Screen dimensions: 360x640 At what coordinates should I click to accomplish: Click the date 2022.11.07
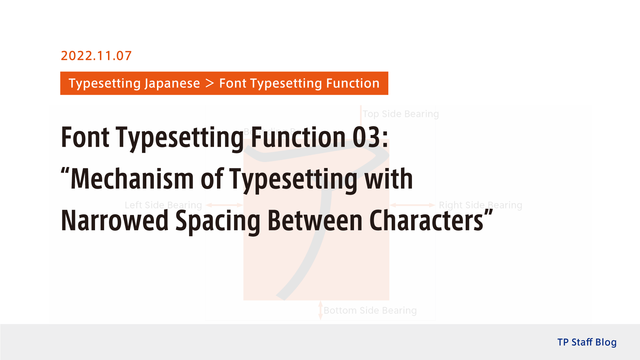click(96, 56)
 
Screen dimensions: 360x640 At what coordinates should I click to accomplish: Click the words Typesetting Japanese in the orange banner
click(134, 83)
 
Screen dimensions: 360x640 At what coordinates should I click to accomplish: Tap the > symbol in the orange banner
click(210, 83)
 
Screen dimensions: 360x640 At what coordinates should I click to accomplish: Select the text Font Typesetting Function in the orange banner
click(299, 83)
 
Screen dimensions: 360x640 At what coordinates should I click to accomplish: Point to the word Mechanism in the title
click(132, 179)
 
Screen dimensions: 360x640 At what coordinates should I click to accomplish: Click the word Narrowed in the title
click(115, 221)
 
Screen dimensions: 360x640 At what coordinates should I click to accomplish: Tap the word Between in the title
click(315, 221)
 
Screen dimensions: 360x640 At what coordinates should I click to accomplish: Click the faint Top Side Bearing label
click(401, 114)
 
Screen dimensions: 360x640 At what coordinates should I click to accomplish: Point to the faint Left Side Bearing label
click(163, 205)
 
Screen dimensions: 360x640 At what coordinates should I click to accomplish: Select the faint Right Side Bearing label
click(480, 205)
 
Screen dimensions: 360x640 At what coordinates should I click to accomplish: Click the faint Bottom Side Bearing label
click(370, 310)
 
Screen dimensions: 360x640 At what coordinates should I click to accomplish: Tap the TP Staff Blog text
click(587, 342)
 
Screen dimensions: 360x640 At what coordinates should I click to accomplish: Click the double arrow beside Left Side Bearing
click(224, 205)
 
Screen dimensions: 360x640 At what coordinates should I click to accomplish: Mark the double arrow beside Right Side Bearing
click(412, 205)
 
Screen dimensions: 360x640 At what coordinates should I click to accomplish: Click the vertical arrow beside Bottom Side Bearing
click(320, 310)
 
